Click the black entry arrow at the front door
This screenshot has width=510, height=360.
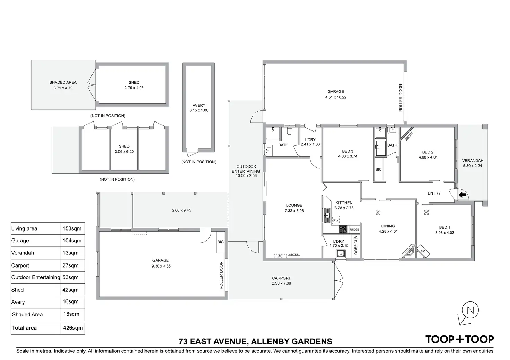[462, 195]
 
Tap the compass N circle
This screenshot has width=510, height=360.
[470, 310]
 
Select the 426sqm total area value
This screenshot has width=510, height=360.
[73, 328]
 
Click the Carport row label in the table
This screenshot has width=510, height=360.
[20, 265]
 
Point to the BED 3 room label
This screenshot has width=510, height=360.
[348, 151]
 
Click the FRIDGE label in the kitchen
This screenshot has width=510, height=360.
[354, 229]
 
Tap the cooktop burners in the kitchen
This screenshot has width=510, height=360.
[343, 229]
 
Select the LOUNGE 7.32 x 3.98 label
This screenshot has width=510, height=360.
[294, 208]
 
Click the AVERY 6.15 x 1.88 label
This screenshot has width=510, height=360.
[199, 108]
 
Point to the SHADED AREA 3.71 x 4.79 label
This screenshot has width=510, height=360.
[63, 85]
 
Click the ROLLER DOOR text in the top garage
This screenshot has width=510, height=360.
[401, 98]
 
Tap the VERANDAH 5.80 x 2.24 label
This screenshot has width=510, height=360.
[473, 163]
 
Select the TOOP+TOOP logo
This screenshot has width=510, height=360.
[459, 339]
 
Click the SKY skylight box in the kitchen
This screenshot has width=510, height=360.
[335, 220]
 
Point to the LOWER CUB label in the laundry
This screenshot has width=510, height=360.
[355, 246]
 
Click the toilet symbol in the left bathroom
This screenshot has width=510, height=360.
[290, 132]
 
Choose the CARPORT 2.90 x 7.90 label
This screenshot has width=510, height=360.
[281, 281]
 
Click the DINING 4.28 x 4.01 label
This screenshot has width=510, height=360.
[388, 228]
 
